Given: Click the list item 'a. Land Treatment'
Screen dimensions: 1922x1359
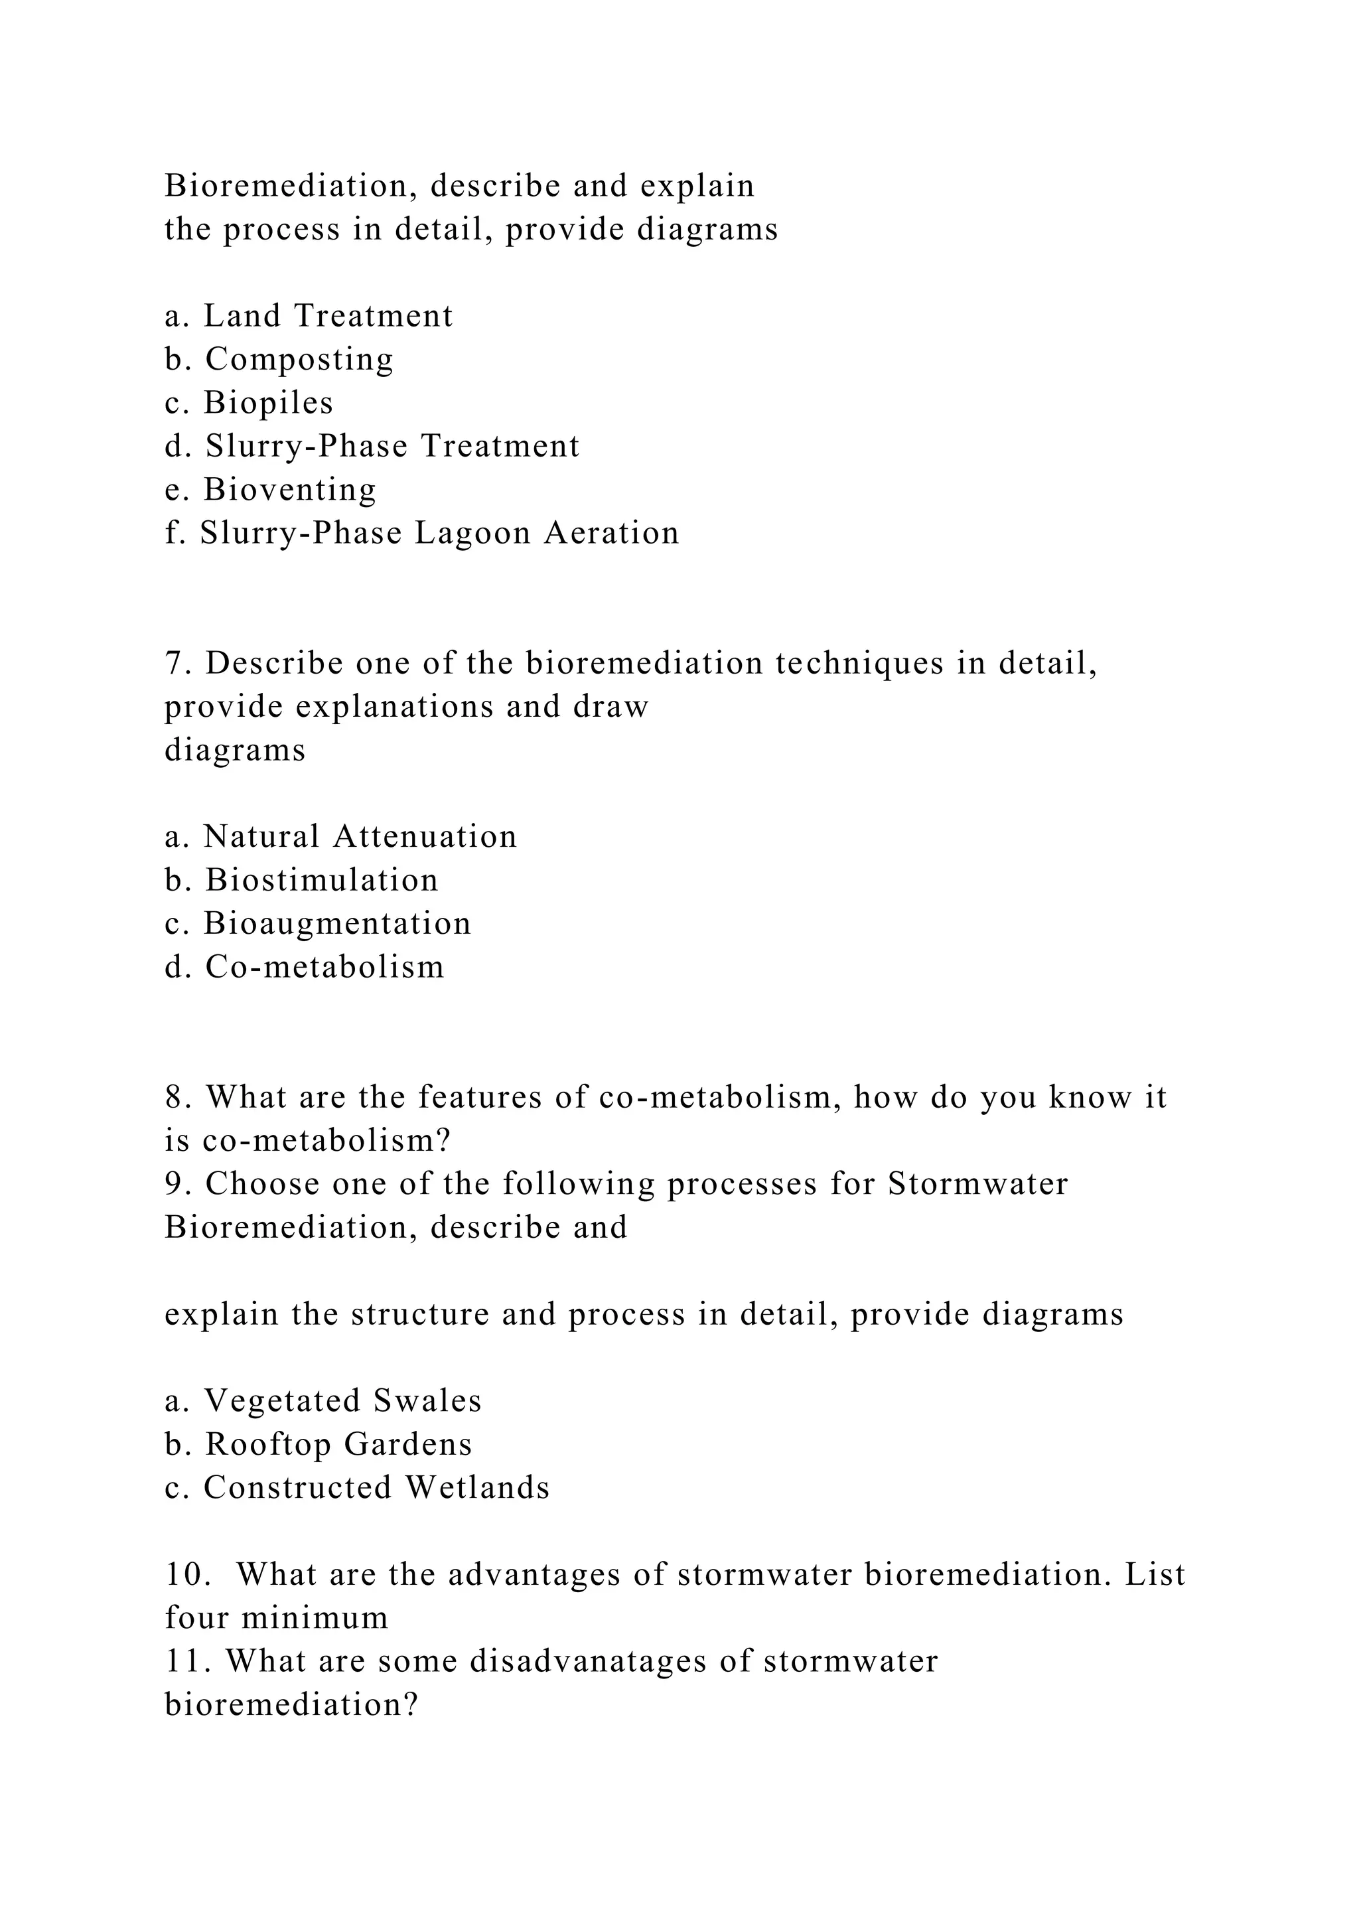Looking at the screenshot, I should point(308,316).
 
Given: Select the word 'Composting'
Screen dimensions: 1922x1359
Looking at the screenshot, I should point(299,359).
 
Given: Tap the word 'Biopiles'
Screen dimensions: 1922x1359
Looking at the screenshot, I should point(269,403).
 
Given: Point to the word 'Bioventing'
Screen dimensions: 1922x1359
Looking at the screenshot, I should point(291,490).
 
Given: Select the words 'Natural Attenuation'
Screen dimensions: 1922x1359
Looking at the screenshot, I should point(360,837).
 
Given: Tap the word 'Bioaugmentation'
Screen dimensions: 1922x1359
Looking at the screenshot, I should point(338,923).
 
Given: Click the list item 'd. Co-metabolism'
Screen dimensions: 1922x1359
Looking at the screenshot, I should point(305,967).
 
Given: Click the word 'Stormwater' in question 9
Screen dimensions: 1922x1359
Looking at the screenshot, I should point(977,1185).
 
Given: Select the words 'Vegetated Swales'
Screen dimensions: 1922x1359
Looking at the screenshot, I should point(343,1401).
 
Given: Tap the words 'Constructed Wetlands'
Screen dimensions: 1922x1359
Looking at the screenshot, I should point(376,1487).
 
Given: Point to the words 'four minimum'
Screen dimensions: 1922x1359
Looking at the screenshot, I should point(277,1618).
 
